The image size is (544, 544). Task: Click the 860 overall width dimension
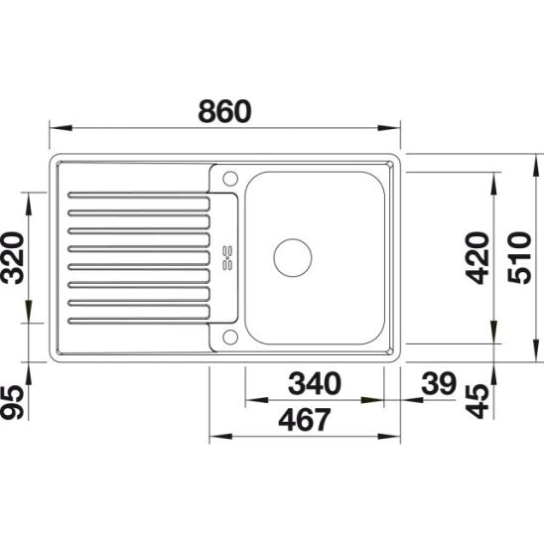click(x=224, y=111)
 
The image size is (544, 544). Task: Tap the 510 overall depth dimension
click(x=519, y=258)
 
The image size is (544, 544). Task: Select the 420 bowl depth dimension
click(x=477, y=258)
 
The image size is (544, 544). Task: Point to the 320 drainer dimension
click(x=13, y=258)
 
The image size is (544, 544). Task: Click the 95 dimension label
click(x=13, y=402)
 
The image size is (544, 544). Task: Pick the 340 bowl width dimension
click(x=315, y=383)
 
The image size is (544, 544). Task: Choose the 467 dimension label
click(x=305, y=420)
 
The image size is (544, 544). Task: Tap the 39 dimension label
click(x=439, y=383)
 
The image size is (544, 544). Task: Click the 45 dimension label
click(x=477, y=401)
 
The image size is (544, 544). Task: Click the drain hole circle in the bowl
click(x=293, y=258)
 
